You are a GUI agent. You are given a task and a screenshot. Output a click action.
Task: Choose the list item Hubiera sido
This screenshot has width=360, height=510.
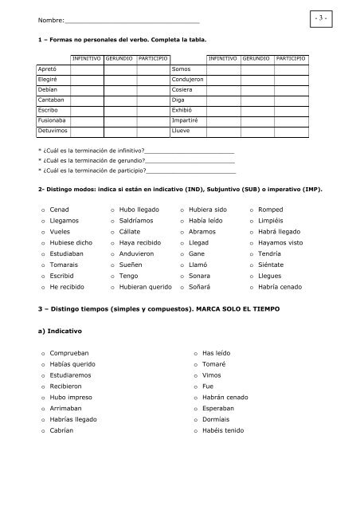pyautogui.click(x=206, y=209)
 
